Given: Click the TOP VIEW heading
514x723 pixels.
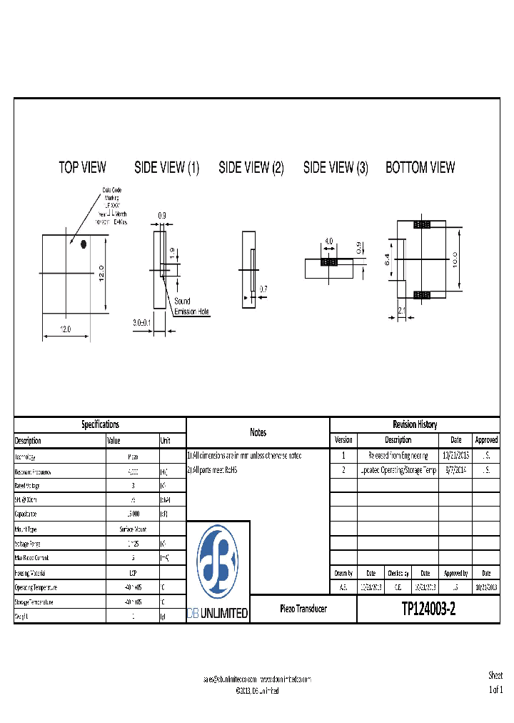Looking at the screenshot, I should (82, 168).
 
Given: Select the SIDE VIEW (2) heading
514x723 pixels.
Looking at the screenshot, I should (251, 168).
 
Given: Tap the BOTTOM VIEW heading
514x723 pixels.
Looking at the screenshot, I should (420, 168).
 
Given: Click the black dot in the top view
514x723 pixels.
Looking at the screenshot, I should (84, 244).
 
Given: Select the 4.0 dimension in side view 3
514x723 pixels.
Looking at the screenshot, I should (328, 241).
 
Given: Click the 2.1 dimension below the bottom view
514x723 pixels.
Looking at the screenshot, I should (401, 311).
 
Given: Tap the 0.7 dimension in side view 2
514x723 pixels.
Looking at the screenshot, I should (263, 289).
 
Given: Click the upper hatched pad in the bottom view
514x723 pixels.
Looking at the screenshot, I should (422, 225).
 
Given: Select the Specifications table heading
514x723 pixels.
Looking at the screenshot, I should (100, 424).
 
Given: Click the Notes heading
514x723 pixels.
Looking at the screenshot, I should (258, 432).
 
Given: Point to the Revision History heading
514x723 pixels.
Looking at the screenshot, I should (415, 424).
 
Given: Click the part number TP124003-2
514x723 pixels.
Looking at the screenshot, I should (428, 609).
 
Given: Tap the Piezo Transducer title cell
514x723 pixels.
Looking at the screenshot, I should (303, 609).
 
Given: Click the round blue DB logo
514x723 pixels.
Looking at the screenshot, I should (218, 563).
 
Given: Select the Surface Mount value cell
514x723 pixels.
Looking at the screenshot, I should (132, 529).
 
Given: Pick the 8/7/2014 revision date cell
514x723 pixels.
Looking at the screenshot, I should (455, 470).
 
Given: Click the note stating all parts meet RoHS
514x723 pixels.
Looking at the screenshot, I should (212, 470).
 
